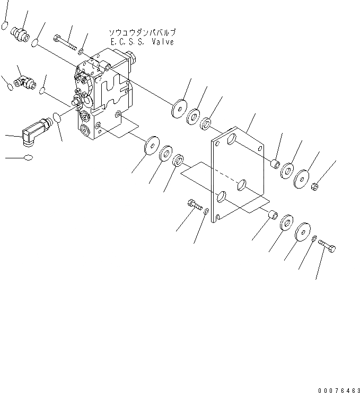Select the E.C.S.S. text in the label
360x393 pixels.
pyautogui.click(x=125, y=42)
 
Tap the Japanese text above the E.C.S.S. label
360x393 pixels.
pyautogui.click(x=139, y=33)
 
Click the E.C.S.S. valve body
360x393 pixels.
pyautogui.click(x=103, y=95)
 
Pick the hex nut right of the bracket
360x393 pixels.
pyautogui.click(x=314, y=186)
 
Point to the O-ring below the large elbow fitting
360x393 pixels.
pyautogui.click(x=28, y=157)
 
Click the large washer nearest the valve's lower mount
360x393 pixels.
pyautogui.click(x=152, y=145)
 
